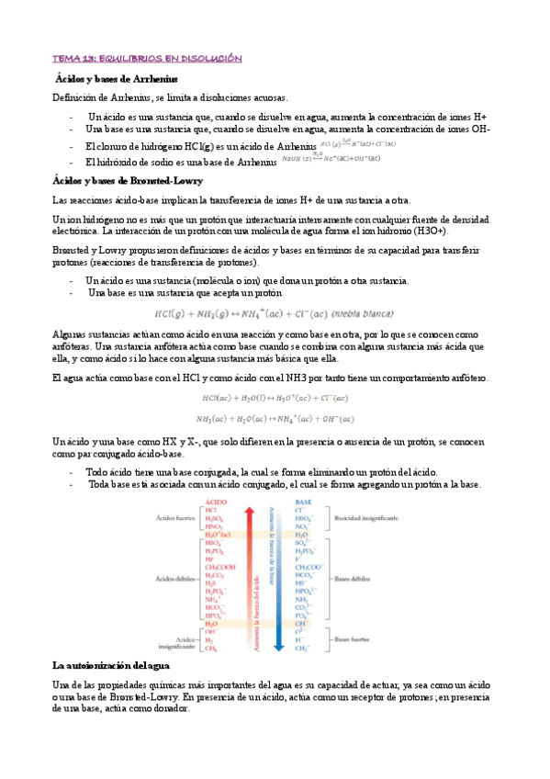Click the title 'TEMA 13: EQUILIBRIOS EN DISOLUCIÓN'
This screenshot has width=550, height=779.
(147, 59)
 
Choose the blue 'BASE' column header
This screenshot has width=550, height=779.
(304, 502)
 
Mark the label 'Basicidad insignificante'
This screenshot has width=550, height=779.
(366, 518)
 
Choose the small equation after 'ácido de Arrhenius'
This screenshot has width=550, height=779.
(359, 144)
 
